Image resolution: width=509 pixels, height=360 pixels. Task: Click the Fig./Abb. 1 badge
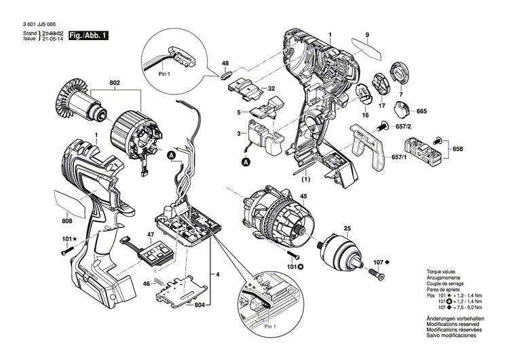[88, 35]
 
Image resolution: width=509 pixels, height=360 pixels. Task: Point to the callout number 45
[303, 197]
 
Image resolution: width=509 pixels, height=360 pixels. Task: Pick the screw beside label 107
[378, 275]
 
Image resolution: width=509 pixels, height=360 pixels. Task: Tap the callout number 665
[421, 111]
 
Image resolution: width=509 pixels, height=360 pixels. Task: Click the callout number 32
[271, 88]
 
